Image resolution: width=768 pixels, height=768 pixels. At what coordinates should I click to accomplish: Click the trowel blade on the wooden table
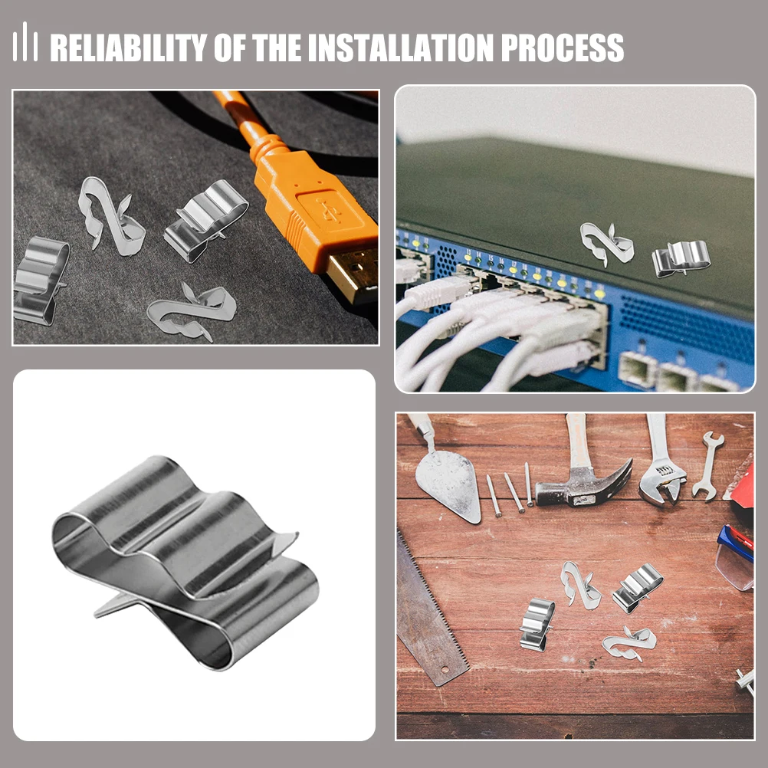pyautogui.click(x=448, y=483)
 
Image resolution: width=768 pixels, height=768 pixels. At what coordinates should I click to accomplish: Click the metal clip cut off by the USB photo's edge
pyautogui.click(x=38, y=280)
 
